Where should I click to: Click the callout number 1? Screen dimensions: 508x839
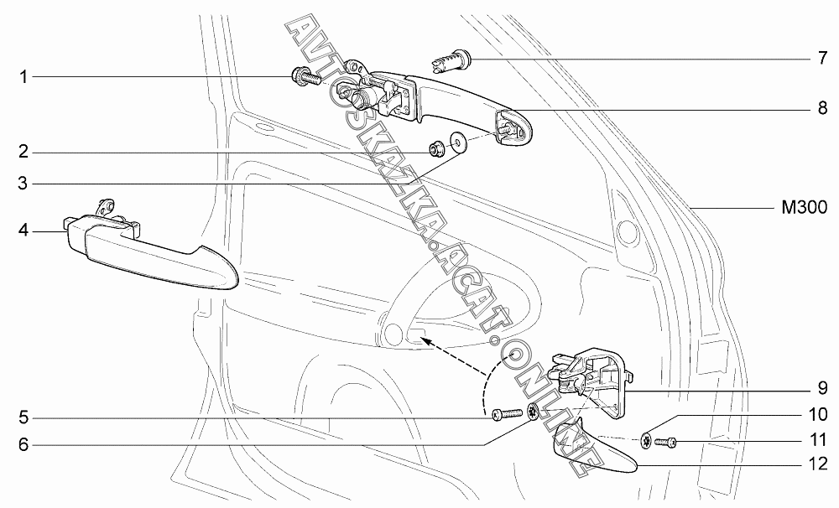24,77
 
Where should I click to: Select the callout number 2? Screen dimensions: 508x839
24,153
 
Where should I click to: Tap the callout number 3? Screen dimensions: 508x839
24,183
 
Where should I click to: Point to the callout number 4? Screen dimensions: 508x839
24,229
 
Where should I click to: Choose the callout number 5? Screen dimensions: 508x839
24,417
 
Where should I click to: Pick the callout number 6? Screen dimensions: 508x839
24,445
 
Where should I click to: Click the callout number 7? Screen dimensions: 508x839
823,59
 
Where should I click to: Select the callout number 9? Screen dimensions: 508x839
823,390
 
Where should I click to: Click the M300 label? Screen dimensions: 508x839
803,206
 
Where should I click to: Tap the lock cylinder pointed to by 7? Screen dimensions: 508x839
454,60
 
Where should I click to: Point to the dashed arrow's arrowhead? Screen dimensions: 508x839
425,340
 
